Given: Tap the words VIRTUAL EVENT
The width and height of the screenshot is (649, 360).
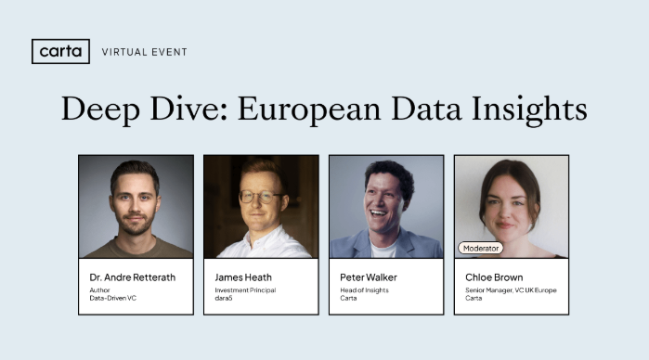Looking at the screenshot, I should click(144, 52).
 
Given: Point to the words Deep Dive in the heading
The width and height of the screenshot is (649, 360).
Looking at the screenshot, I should click(139, 109).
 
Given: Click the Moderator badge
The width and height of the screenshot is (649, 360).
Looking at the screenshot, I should click(480, 248).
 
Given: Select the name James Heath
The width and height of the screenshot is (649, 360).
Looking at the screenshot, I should click(243, 276).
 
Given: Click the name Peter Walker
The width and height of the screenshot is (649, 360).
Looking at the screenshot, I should click(370, 276).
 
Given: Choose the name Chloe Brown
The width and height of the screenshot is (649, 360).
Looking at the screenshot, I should click(494, 276).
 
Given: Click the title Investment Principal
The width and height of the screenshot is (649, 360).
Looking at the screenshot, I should click(245, 290).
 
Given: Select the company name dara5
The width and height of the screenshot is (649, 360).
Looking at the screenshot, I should click(224, 299).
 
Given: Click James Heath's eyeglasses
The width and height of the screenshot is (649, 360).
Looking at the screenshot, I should click(259, 197).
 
